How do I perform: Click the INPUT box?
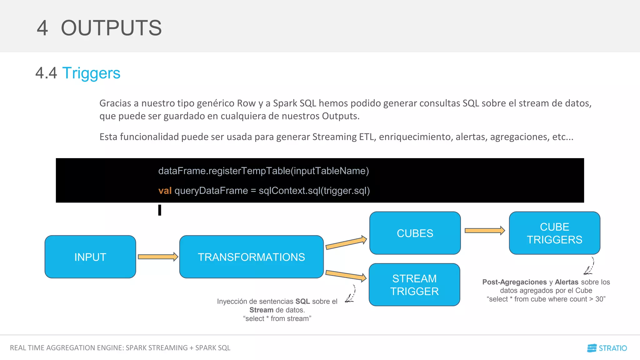[90, 257]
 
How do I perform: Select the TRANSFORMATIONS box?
[251, 257]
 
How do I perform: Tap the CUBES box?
[415, 233]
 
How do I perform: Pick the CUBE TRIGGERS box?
[554, 233]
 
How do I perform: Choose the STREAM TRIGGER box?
[414, 285]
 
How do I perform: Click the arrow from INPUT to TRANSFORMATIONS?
[158, 257]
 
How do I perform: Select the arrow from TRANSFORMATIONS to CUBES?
[346, 243]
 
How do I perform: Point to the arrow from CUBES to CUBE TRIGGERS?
[484, 231]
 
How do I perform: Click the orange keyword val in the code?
[165, 191]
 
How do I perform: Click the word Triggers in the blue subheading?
[91, 73]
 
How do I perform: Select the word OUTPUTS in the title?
[111, 28]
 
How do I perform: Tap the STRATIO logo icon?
[592, 348]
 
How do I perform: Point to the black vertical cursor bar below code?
[160, 210]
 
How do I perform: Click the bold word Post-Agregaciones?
[514, 282]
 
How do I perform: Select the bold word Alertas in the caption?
[566, 282]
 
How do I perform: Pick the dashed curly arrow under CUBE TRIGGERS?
[589, 266]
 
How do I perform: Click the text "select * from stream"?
[277, 318]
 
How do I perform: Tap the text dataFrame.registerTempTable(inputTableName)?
[263, 171]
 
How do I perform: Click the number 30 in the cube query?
[599, 299]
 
